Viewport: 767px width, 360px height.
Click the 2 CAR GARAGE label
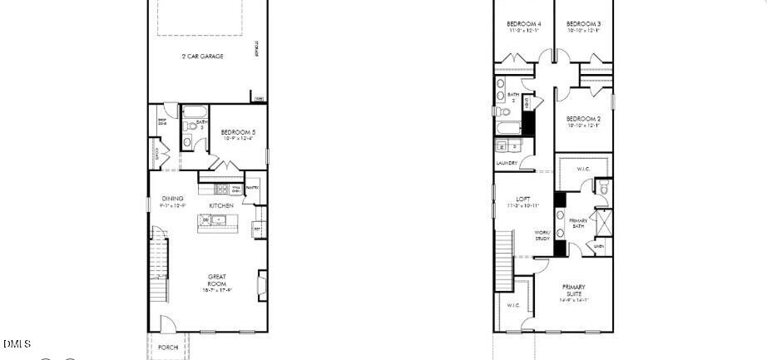tap(203, 57)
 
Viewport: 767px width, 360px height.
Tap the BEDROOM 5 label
tap(237, 132)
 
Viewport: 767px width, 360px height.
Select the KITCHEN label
tap(220, 205)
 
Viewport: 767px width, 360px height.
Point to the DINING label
tap(172, 198)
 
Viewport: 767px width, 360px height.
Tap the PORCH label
tap(167, 347)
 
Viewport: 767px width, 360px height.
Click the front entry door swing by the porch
tap(168, 324)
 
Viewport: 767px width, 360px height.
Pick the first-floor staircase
tap(158, 266)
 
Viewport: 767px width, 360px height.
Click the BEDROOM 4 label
tap(523, 24)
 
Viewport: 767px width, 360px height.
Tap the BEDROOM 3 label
tap(584, 24)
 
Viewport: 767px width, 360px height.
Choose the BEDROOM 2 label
tap(583, 119)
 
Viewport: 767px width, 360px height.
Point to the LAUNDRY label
tap(507, 163)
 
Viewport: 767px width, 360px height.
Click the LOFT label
tap(522, 199)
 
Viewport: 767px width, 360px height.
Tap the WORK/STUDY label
tap(542, 235)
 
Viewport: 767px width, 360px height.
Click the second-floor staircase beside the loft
tap(504, 260)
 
